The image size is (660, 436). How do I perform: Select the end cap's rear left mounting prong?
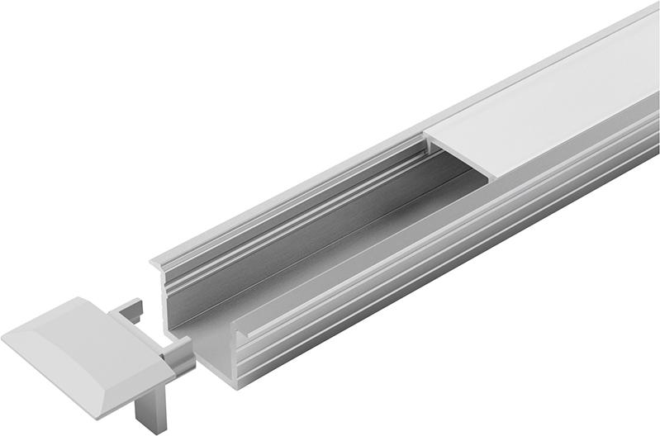[x=131, y=310]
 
